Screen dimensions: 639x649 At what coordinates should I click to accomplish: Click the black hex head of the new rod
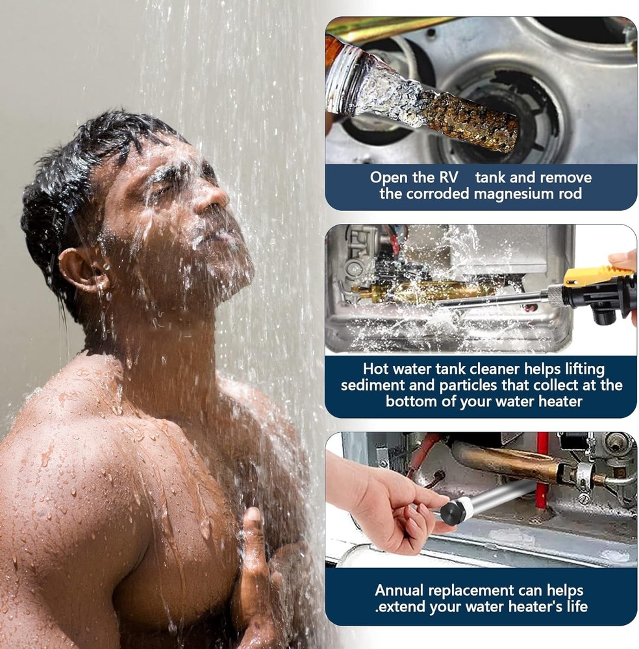pos(450,512)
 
